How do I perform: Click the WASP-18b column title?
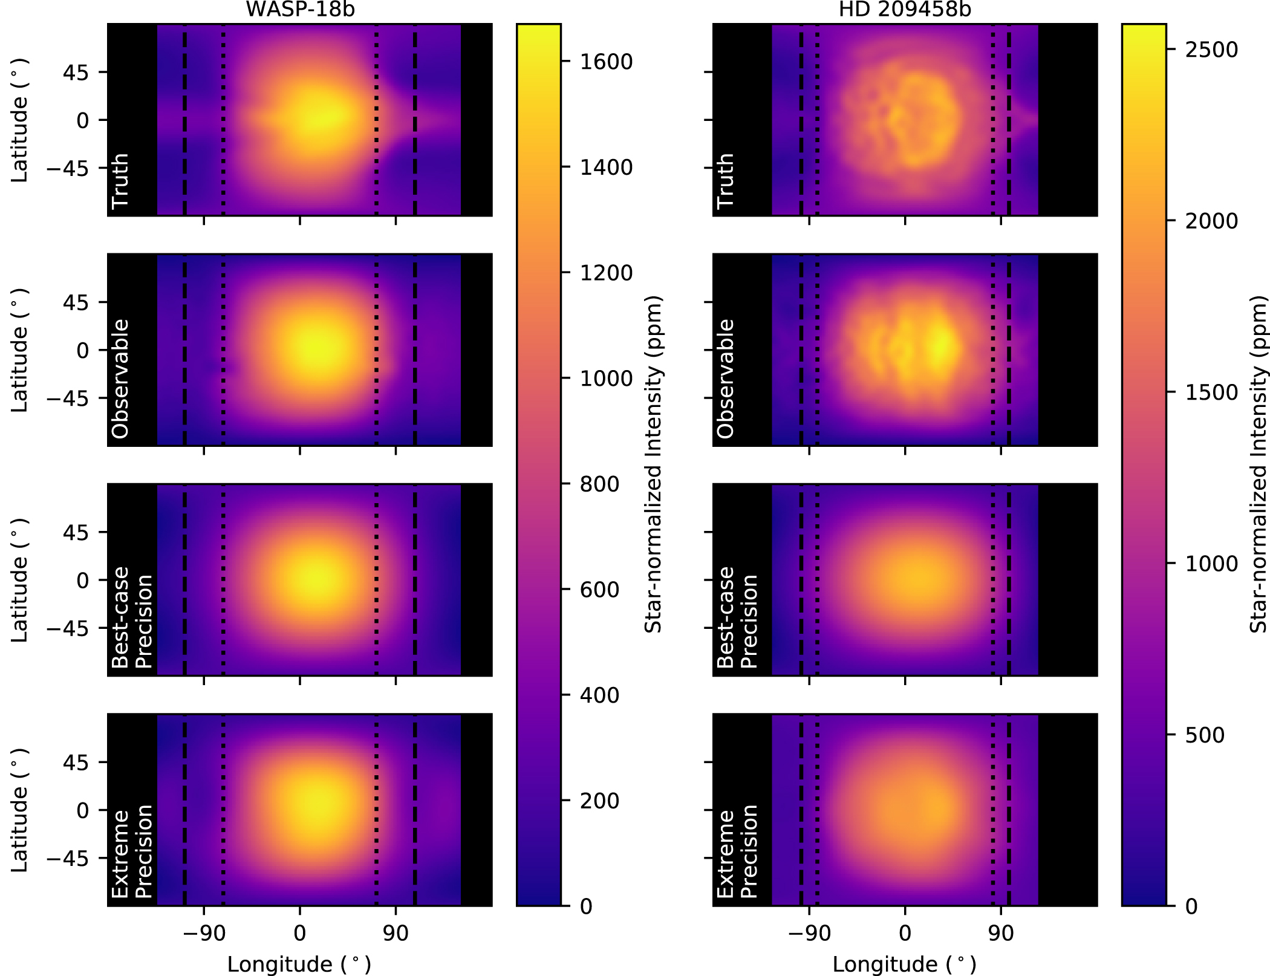tap(300, 9)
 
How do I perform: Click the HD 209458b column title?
tap(905, 9)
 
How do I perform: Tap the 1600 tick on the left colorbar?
tap(606, 62)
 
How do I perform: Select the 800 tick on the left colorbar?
tap(599, 484)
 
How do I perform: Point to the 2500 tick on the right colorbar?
tap(1211, 50)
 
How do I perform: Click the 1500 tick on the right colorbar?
tap(1211, 392)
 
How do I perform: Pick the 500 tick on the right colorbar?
tap(1205, 735)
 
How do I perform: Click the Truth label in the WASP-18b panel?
tap(120, 180)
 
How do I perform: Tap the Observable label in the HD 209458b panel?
tap(725, 379)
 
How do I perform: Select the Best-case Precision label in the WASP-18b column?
tap(132, 617)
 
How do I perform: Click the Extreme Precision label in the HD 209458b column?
tap(737, 853)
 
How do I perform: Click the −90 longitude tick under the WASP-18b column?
tap(204, 934)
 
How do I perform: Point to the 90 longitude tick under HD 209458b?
tap(1001, 934)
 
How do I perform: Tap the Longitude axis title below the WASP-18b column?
tap(299, 964)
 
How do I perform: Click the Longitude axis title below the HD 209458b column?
tap(905, 964)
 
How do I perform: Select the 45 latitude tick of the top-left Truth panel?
tap(76, 73)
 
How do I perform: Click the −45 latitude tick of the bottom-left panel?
tap(68, 859)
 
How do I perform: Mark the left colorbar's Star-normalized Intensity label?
tap(653, 464)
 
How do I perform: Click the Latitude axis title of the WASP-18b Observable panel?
tap(19, 350)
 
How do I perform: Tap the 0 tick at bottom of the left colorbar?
tap(585, 906)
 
